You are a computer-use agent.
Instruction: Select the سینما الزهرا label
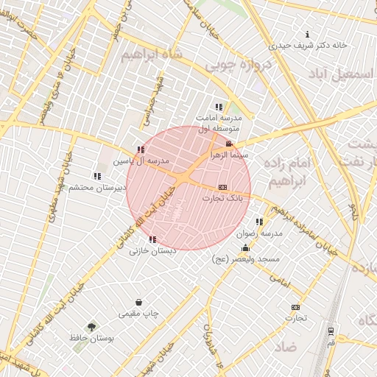[x=231, y=155]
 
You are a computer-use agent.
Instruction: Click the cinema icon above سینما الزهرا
[x=230, y=144]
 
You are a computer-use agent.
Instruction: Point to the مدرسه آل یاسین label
[x=141, y=160]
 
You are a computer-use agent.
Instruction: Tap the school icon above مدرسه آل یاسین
[x=140, y=150]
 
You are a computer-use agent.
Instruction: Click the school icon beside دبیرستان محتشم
[x=97, y=176]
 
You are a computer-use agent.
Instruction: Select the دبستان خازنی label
[x=154, y=250]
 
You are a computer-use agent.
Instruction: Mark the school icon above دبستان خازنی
[x=152, y=239]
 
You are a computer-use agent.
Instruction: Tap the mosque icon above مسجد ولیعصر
[x=245, y=248]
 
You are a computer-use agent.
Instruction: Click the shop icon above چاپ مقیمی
[x=139, y=302]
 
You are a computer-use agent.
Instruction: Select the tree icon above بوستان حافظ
[x=91, y=326]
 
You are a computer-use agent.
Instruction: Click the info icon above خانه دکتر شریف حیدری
[x=307, y=35]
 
